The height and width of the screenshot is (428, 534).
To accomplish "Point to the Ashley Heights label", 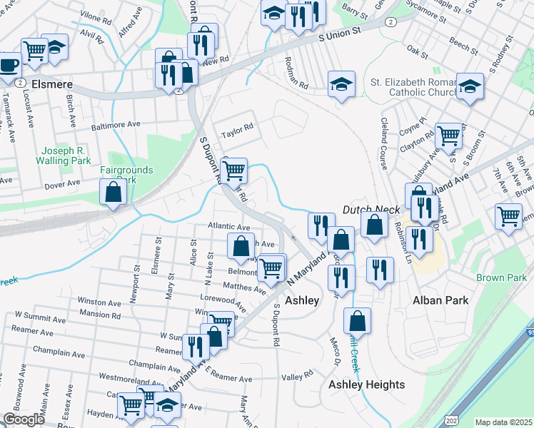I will [x=366, y=385].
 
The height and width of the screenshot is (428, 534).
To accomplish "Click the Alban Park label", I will [x=441, y=300].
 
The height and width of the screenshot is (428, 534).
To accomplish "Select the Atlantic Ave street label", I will [x=228, y=226].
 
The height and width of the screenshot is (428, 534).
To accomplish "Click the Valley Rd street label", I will [x=298, y=374].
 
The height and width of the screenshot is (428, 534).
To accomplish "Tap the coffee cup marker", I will [x=9, y=65].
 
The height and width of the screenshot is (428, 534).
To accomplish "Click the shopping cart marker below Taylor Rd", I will [x=233, y=170].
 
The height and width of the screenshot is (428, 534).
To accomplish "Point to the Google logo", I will [x=24, y=419].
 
